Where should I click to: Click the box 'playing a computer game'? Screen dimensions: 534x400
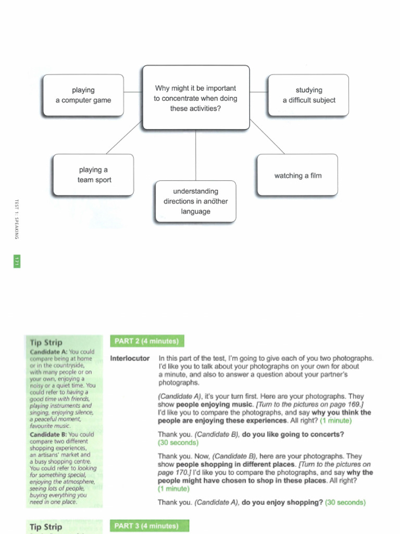83,95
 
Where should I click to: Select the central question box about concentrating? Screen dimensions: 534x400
196,98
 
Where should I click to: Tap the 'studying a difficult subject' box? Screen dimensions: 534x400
309,95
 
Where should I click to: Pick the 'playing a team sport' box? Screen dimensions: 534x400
94,175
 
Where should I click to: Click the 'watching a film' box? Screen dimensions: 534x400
297,175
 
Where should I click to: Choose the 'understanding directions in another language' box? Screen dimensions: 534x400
195,201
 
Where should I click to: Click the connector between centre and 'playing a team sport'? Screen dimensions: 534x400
124,138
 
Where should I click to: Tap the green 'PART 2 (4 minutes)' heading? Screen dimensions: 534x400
147,342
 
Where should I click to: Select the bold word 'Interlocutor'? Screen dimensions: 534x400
130,359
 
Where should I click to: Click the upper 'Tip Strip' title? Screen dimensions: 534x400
46,343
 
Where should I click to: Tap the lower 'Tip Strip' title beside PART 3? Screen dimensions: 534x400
46,527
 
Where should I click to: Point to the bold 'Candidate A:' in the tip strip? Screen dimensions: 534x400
48,352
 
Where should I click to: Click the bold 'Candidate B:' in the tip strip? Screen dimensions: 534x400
48,434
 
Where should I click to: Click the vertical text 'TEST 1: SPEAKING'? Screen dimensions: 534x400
17,219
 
